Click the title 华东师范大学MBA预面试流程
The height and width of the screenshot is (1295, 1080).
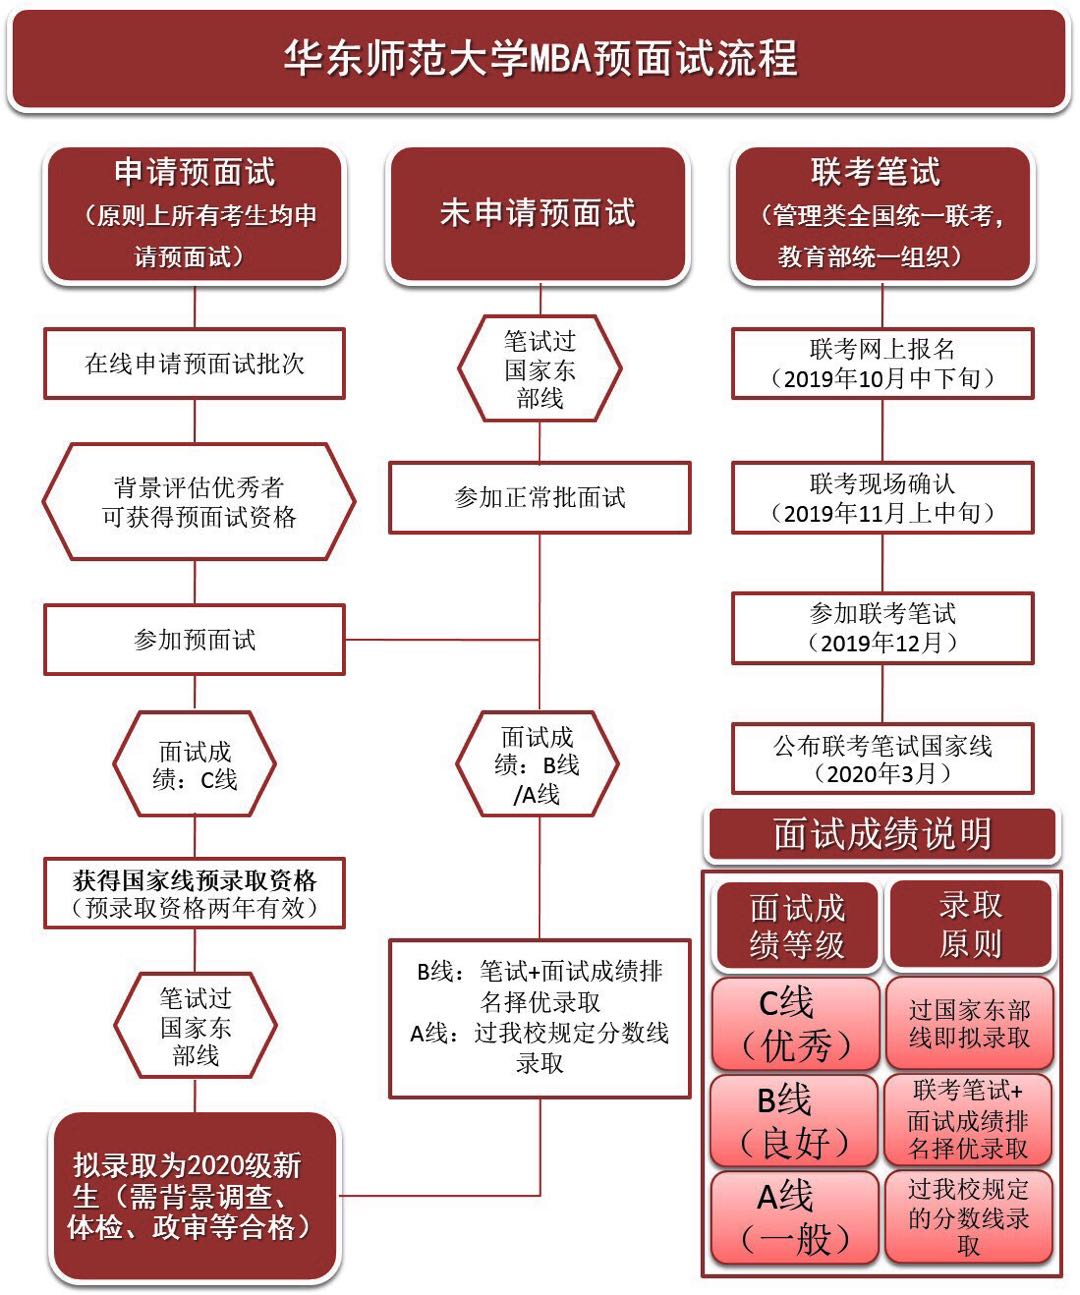pyautogui.click(x=539, y=58)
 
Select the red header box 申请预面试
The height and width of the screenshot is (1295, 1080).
pyautogui.click(x=195, y=213)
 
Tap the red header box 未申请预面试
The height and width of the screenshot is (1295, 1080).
pyautogui.click(x=539, y=213)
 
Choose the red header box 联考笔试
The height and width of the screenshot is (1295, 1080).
pyautogui.click(x=882, y=213)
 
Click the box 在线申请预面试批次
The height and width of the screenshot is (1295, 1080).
pyautogui.click(x=195, y=363)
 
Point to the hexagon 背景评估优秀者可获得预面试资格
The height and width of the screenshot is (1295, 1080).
pyautogui.click(x=198, y=502)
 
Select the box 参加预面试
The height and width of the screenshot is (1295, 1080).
pyautogui.click(x=195, y=639)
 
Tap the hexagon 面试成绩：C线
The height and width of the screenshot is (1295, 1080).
pyautogui.click(x=195, y=765)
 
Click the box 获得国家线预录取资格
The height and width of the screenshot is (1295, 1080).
pyautogui.click(x=195, y=893)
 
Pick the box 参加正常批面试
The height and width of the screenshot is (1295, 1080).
pyautogui.click(x=539, y=497)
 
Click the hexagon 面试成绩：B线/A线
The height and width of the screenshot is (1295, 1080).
pyautogui.click(x=538, y=765)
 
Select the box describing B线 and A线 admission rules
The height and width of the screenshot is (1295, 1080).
pyautogui.click(x=539, y=1018)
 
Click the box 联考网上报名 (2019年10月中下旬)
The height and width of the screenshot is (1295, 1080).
pyautogui.click(x=882, y=363)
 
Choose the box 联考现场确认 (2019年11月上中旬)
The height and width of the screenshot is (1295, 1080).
pyautogui.click(x=882, y=498)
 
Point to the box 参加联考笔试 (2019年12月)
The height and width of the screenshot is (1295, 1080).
pyautogui.click(x=882, y=628)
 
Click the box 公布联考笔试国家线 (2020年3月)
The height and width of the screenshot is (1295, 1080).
pyautogui.click(x=882, y=759)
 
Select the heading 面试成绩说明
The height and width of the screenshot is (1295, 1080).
pyautogui.click(x=882, y=834)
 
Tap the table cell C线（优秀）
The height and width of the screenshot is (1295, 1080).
pyautogui.click(x=795, y=1023)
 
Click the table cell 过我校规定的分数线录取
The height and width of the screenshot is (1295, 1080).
pyautogui.click(x=968, y=1216)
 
